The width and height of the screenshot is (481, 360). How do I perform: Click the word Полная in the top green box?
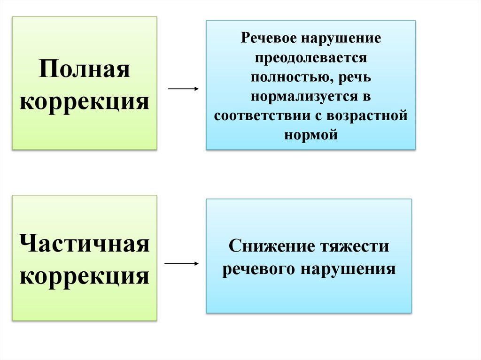click(x=85, y=71)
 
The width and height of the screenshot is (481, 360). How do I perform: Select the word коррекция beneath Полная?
click(x=85, y=101)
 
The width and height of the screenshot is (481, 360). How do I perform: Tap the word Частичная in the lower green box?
click(x=85, y=245)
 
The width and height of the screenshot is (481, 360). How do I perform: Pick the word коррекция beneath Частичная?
click(x=85, y=275)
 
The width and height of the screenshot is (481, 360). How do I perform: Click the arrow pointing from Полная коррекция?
click(x=183, y=88)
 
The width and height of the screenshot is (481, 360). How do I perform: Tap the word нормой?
click(x=311, y=135)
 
